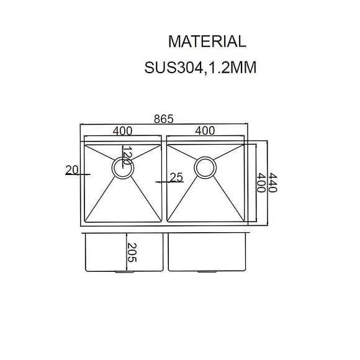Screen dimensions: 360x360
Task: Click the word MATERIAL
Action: point(207,42)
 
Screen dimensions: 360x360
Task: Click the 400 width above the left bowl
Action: point(122,131)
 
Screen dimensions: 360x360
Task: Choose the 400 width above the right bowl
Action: point(204,131)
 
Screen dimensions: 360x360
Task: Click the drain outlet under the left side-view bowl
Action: point(122,272)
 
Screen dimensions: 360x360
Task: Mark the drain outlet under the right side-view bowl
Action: point(204,272)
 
